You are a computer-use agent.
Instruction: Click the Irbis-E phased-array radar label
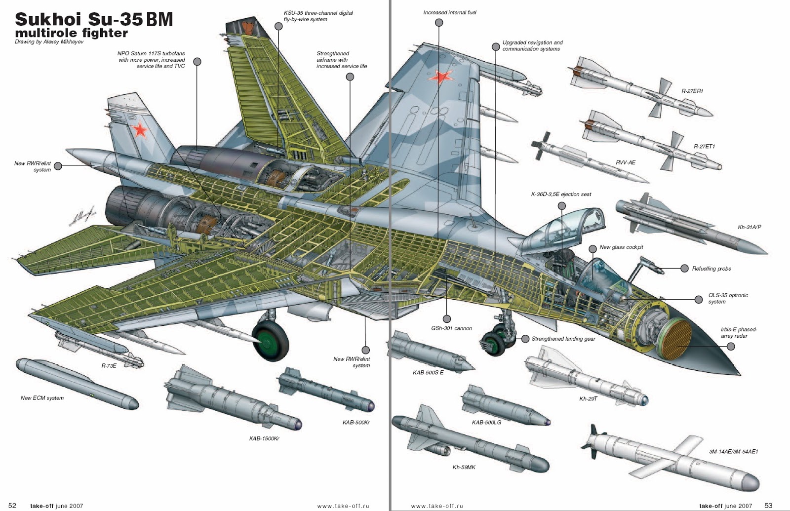coord(738,332)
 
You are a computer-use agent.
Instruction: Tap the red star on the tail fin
coord(140,130)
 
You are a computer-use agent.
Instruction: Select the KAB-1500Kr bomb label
coord(264,438)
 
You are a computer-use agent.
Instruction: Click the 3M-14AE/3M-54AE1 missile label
coord(733,451)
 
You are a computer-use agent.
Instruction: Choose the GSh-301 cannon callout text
coord(451,328)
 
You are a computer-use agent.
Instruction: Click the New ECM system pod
coord(77,384)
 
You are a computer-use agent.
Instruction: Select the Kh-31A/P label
coord(749,227)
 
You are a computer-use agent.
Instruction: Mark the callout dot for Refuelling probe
coord(684,268)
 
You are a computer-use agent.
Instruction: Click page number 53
coord(768,505)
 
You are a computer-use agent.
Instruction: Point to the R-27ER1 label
coord(692,91)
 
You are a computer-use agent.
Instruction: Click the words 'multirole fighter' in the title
coord(71,33)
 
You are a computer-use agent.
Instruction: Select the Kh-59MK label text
coord(464,467)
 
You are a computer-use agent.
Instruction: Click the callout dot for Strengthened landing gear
coord(525,339)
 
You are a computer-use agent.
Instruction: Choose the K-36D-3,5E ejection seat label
coord(561,194)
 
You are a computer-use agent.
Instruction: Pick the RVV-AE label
coord(625,162)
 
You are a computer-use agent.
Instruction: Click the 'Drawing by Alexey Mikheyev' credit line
coord(49,42)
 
